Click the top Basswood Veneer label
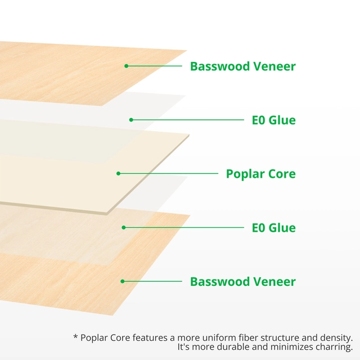(x=242, y=66)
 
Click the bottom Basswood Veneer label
(x=242, y=281)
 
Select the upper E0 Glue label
(x=273, y=120)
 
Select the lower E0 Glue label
(x=273, y=228)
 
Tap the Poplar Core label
(x=260, y=173)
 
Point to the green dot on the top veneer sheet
(x=127, y=66)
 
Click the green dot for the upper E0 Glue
(x=131, y=119)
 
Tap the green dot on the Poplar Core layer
(x=119, y=173)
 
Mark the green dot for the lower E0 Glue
(x=124, y=227)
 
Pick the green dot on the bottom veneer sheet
(x=123, y=281)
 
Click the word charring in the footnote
(x=334, y=347)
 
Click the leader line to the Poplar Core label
(x=169, y=173)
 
